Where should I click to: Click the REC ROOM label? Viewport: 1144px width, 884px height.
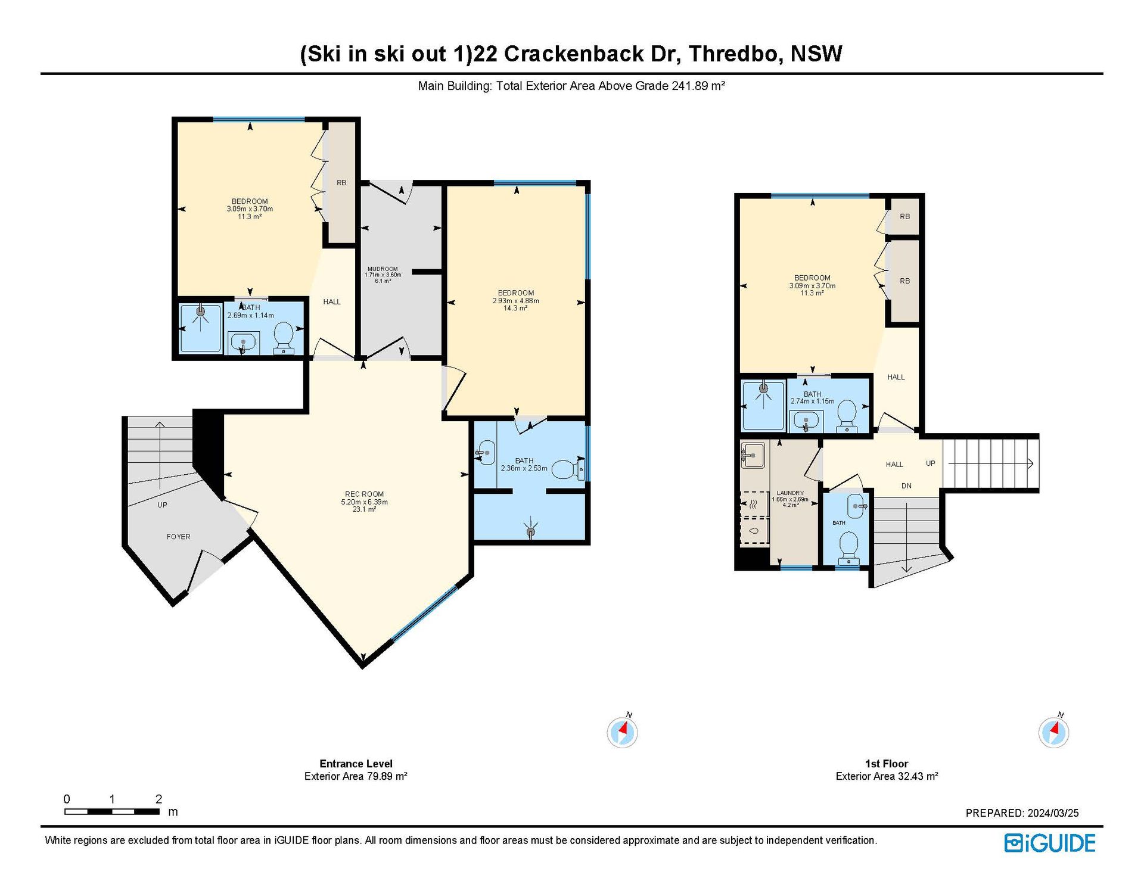(364, 494)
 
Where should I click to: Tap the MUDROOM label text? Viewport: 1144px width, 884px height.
(383, 269)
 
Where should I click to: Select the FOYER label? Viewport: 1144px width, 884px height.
(179, 537)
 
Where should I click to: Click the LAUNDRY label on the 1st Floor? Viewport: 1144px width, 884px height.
(790, 493)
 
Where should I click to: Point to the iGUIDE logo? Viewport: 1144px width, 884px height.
(1050, 843)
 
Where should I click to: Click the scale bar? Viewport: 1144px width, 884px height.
(112, 811)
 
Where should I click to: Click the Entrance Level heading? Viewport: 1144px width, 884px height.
(356, 764)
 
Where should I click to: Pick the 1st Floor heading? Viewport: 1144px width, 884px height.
(887, 764)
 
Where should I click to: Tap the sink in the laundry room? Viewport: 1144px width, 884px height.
(753, 456)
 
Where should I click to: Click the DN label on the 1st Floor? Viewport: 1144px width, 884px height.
(906, 485)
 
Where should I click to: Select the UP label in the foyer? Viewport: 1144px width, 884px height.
(162, 505)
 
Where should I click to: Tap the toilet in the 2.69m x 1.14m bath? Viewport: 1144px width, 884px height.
(284, 337)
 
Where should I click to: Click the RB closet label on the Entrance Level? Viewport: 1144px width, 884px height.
(341, 183)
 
